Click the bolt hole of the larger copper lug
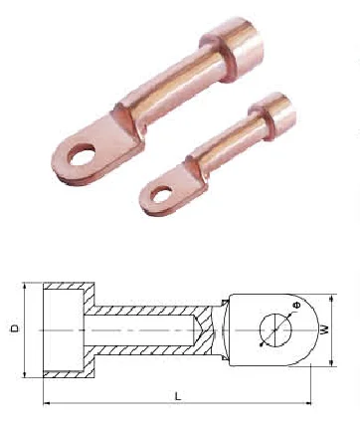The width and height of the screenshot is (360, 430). [x=81, y=154]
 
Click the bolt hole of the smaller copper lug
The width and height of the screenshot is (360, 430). [x=161, y=194]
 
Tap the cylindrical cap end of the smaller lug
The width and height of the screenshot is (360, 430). [x=272, y=115]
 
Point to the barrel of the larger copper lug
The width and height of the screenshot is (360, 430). [x=176, y=83]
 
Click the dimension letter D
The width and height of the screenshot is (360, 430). [x=15, y=328]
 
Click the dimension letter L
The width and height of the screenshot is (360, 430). [x=178, y=396]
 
